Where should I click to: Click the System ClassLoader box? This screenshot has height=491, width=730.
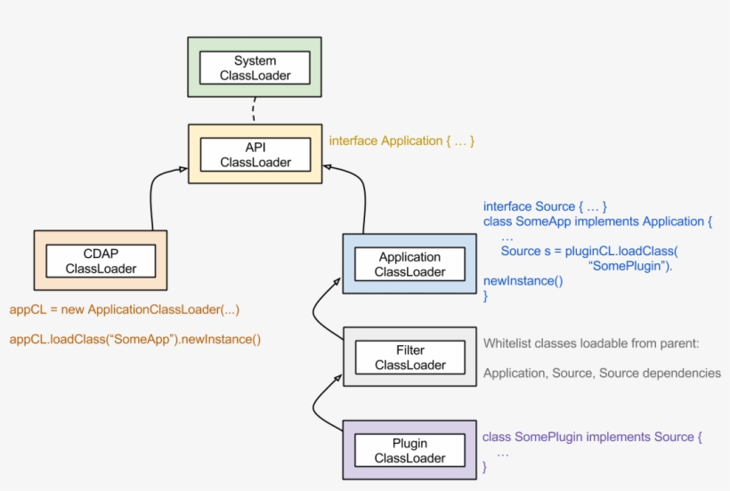click(255, 68)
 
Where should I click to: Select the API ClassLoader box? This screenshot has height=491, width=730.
click(255, 154)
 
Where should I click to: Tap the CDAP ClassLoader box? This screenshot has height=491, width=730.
click(100, 261)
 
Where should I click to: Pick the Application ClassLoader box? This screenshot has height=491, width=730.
click(410, 264)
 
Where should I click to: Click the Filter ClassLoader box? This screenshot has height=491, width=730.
click(410, 358)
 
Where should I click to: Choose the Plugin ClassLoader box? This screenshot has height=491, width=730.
click(410, 450)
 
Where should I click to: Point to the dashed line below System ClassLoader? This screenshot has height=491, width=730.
click(254, 110)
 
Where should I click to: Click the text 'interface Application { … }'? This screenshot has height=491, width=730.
click(401, 141)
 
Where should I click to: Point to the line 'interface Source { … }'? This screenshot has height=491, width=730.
click(545, 206)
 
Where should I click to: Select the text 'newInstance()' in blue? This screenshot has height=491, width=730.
click(523, 281)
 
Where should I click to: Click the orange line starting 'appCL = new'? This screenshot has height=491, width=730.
click(125, 310)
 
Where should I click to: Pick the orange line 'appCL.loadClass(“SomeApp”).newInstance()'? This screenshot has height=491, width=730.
click(135, 339)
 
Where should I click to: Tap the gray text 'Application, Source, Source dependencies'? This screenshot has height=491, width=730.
click(602, 374)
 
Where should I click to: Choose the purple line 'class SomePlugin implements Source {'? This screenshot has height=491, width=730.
click(592, 437)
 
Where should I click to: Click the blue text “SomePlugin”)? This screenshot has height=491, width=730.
click(630, 266)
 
